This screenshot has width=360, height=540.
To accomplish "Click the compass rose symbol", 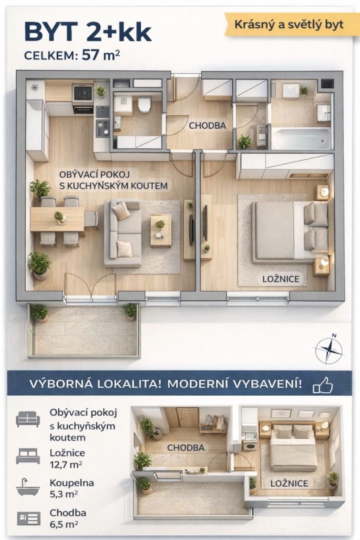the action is (330, 349).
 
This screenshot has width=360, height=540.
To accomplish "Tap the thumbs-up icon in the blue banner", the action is (323, 385).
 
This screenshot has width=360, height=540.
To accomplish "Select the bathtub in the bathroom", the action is (301, 138).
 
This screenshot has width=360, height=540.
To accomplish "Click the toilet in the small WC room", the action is (144, 104).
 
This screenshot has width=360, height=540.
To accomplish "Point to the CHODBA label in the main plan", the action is (207, 126).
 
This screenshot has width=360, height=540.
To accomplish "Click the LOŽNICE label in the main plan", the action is (281, 279).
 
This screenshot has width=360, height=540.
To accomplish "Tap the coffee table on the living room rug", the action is (161, 230).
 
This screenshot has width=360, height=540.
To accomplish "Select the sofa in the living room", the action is (123, 234).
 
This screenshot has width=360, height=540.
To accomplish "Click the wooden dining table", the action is (57, 219).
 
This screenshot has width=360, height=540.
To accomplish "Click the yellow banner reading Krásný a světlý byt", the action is (289, 25).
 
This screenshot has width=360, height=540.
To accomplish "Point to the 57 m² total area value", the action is (101, 55).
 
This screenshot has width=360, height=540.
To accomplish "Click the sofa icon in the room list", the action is (28, 419).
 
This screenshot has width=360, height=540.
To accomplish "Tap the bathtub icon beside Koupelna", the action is (28, 488).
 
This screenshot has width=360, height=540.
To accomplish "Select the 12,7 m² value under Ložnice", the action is (66, 464).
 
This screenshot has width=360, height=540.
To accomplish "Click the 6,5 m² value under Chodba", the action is (63, 524).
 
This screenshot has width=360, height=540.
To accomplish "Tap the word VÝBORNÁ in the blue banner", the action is (61, 384).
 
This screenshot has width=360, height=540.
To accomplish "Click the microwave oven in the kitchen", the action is (83, 92).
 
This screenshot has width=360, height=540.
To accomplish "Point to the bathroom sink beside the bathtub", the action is (324, 113).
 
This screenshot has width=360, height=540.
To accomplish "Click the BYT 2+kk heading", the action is (88, 33).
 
